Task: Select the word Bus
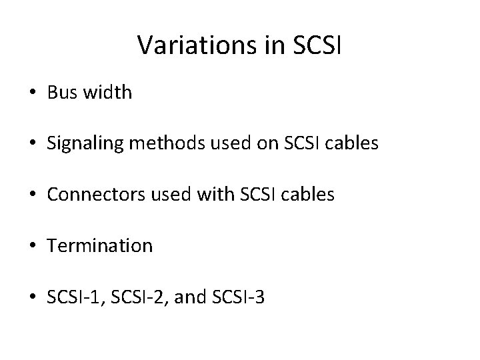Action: (x=62, y=93)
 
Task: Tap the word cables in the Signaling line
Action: (x=355, y=143)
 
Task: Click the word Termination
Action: (x=100, y=246)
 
